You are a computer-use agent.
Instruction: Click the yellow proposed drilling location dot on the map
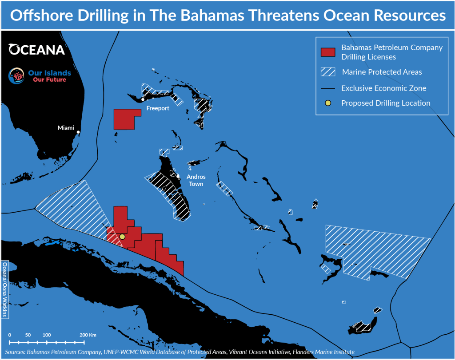tap(123, 237)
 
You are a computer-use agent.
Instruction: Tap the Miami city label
tap(66, 128)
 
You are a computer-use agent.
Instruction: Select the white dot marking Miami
tap(78, 132)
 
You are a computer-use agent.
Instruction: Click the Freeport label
tap(158, 108)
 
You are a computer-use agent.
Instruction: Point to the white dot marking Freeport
tap(143, 99)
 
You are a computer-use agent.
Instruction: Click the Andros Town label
tap(196, 180)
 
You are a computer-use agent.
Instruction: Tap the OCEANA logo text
tap(37, 49)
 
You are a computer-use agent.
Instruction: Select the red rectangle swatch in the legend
tap(327, 52)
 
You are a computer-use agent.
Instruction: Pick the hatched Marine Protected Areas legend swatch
tap(327, 72)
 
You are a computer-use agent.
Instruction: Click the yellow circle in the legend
tap(327, 103)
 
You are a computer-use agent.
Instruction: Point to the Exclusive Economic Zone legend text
tap(383, 88)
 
